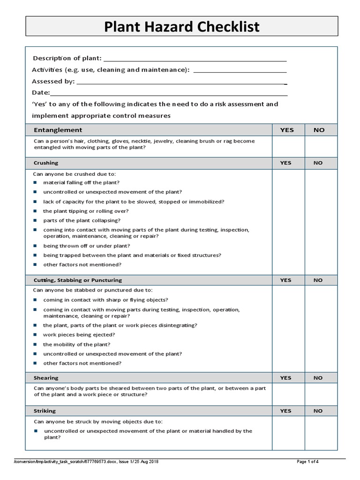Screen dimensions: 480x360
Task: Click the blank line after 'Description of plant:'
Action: tap(195, 60)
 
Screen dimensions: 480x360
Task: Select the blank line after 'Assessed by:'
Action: tap(181, 84)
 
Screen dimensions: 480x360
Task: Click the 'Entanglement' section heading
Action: tap(58, 130)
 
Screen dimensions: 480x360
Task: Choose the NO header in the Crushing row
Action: tap(318, 163)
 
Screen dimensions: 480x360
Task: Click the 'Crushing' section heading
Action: tap(46, 163)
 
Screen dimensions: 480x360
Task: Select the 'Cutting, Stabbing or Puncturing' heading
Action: tap(77, 280)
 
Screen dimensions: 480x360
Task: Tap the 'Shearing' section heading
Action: tap(46, 378)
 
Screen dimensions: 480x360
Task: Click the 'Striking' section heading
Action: tap(45, 411)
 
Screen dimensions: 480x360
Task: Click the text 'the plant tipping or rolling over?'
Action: tap(85, 211)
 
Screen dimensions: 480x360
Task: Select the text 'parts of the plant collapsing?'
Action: tap(82, 220)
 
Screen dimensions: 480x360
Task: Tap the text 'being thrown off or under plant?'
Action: tap(86, 246)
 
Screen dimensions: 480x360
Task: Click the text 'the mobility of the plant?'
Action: tap(76, 345)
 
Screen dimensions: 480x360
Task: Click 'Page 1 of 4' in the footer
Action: tap(308, 462)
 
